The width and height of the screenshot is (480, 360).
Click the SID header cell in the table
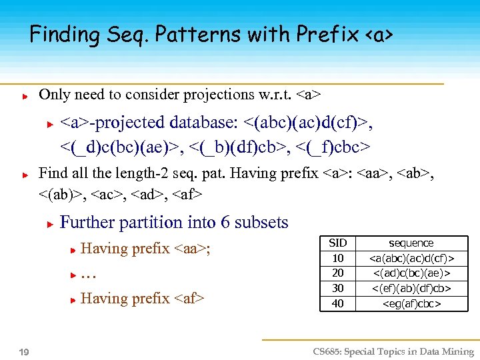(338, 243)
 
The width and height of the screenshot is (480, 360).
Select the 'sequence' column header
(411, 243)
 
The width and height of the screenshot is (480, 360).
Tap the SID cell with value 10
(338, 258)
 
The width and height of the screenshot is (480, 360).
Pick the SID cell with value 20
(338, 273)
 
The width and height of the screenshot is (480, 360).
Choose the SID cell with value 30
(338, 289)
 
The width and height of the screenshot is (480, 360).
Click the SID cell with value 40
(338, 304)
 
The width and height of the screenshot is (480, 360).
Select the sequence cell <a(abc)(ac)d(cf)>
(411, 258)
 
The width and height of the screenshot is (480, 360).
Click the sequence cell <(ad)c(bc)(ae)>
(411, 273)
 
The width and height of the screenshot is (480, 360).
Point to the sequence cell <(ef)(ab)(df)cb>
(411, 289)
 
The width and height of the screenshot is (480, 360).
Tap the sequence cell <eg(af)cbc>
(411, 304)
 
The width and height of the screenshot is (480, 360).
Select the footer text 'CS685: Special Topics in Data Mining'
(393, 352)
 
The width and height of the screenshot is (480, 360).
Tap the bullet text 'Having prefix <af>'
(142, 299)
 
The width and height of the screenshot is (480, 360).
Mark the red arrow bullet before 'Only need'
(24, 96)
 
